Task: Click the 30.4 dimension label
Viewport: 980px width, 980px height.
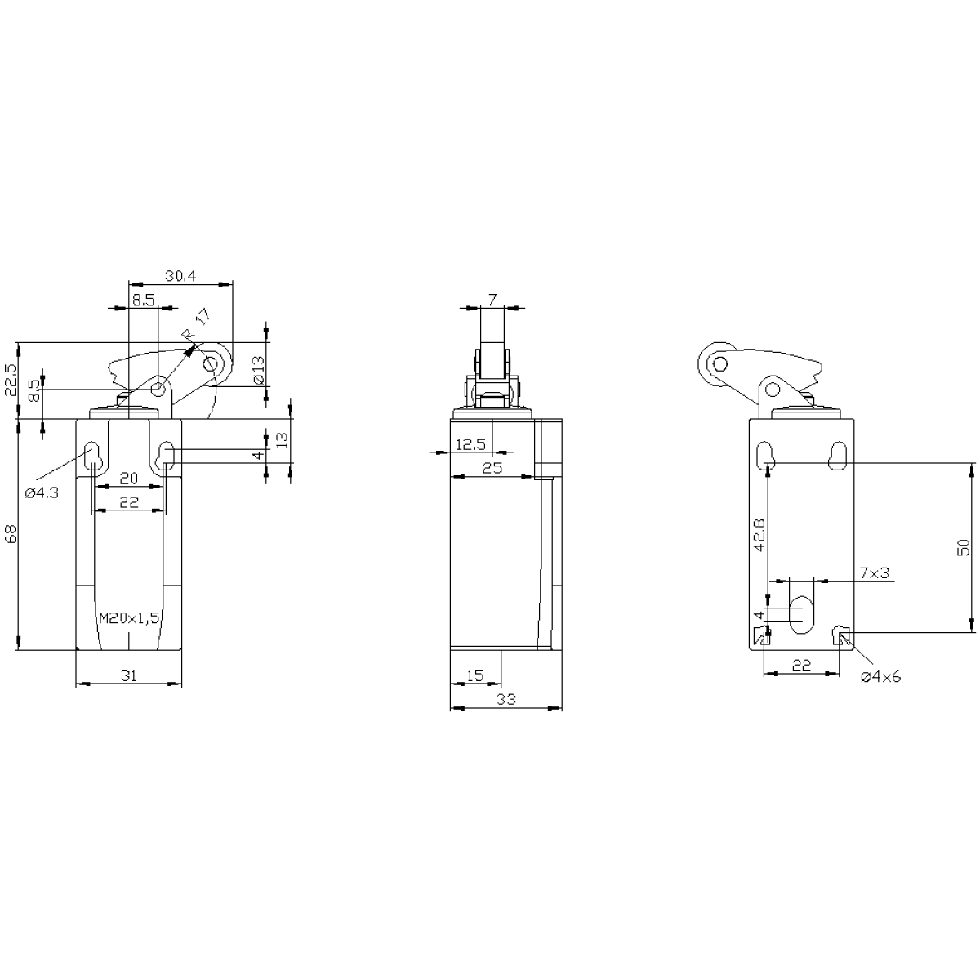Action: click(180, 276)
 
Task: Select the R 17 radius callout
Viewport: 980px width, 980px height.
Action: click(196, 324)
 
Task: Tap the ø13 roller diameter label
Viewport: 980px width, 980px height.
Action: click(259, 370)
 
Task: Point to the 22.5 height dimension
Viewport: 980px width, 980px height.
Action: click(11, 380)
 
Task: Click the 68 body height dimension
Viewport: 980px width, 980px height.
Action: click(11, 534)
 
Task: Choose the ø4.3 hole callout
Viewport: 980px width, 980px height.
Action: click(42, 492)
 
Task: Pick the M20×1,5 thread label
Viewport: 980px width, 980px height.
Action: click(129, 618)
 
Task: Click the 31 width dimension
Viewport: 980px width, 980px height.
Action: click(129, 675)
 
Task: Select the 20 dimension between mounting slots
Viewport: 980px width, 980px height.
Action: click(129, 479)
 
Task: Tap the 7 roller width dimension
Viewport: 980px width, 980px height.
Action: click(492, 300)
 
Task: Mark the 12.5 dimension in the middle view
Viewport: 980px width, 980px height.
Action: click(470, 444)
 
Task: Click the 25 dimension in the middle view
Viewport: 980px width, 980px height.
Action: click(492, 468)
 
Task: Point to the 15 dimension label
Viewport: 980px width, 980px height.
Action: click(474, 675)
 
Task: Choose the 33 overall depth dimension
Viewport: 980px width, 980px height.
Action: click(506, 699)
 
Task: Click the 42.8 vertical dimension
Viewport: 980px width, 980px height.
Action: click(759, 534)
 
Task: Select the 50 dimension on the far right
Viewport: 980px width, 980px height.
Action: click(963, 547)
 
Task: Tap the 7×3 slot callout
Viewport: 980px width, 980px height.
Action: click(874, 573)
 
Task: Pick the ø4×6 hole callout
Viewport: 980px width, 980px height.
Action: click(880, 676)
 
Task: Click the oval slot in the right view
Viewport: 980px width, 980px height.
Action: click(801, 615)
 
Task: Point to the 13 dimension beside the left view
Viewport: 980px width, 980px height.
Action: click(283, 439)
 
